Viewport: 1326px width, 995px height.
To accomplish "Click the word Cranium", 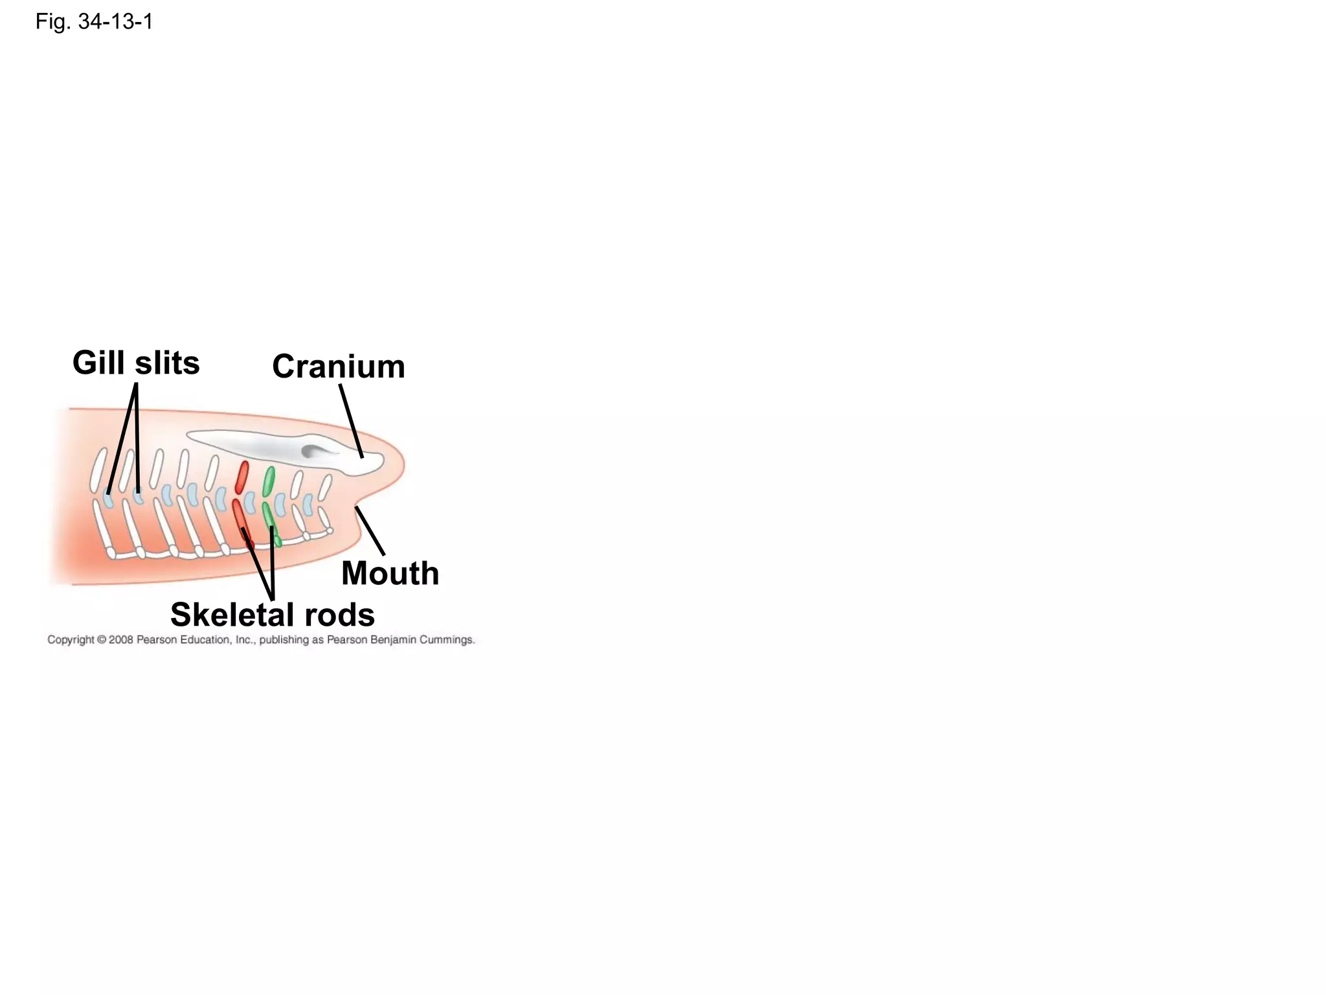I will (x=338, y=367).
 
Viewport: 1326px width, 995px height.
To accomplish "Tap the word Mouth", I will (x=390, y=573).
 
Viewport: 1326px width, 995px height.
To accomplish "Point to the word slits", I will (x=167, y=363).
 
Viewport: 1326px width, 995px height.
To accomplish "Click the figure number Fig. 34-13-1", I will (x=94, y=22).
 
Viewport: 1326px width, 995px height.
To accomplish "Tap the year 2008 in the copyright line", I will (x=121, y=640).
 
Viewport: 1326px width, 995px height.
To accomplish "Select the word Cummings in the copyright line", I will (x=447, y=640).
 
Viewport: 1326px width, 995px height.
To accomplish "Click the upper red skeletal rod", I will (x=242, y=477).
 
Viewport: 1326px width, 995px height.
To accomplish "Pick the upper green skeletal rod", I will (x=269, y=481).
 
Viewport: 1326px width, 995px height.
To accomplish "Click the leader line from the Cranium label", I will (x=350, y=421).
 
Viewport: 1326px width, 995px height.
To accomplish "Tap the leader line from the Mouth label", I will (x=370, y=531).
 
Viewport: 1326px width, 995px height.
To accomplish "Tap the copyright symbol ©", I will (x=101, y=640).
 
